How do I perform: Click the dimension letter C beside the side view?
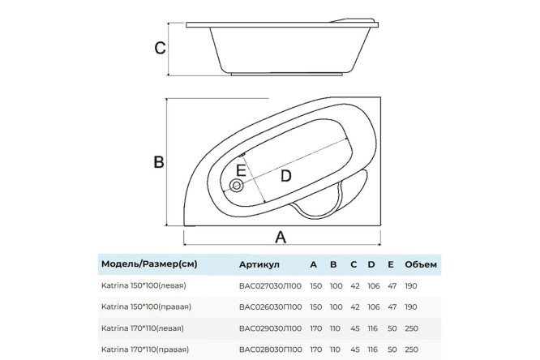click(161, 47)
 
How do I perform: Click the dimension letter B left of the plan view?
click(160, 162)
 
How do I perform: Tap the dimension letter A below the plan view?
click(281, 237)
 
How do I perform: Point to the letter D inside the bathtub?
click(285, 175)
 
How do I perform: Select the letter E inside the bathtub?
click(240, 170)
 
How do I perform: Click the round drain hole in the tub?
click(236, 186)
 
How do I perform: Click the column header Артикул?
click(259, 264)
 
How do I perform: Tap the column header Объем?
click(422, 264)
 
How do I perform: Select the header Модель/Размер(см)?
click(149, 264)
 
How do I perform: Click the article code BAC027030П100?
click(271, 285)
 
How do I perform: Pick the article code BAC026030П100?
click(271, 307)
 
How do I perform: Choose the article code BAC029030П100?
click(271, 328)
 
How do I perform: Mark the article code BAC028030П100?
click(271, 349)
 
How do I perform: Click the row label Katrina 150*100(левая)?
click(143, 285)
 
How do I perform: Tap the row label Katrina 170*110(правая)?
click(145, 349)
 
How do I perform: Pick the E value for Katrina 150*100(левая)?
click(391, 285)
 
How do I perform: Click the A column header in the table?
click(313, 264)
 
